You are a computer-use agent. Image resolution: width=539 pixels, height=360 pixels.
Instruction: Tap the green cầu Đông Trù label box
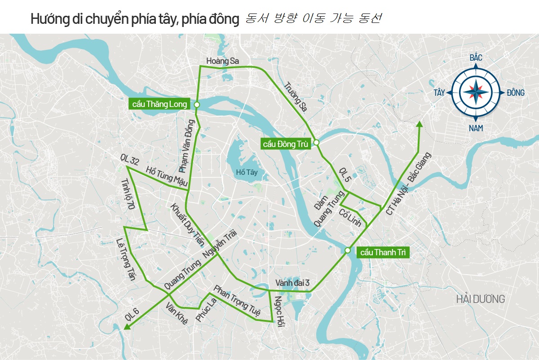coord(285,144)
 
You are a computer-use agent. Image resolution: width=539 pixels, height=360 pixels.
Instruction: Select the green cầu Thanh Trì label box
coord(382,252)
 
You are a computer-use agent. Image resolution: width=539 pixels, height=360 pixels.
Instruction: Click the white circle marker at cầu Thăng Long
coord(197,105)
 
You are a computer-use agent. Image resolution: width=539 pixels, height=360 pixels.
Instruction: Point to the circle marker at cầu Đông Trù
coord(316,142)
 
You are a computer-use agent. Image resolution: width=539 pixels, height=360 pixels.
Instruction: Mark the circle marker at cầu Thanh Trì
coord(348,250)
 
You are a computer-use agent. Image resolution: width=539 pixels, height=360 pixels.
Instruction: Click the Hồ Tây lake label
coord(247,172)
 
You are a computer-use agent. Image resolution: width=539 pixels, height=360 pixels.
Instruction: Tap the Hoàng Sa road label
coord(222,61)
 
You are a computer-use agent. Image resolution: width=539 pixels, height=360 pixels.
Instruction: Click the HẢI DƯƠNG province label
coord(480,299)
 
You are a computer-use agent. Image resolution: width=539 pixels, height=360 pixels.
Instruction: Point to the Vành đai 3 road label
coord(292,283)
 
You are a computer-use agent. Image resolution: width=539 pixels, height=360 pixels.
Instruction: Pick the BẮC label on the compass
coord(476,58)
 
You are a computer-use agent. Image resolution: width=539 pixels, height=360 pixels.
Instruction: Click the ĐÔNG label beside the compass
coord(515,93)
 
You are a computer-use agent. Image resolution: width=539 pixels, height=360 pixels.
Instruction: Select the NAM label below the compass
coord(476,129)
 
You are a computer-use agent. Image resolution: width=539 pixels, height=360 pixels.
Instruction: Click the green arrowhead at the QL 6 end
coord(127,326)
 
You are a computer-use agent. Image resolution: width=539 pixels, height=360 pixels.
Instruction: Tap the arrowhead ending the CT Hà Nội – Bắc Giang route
coord(420,124)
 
